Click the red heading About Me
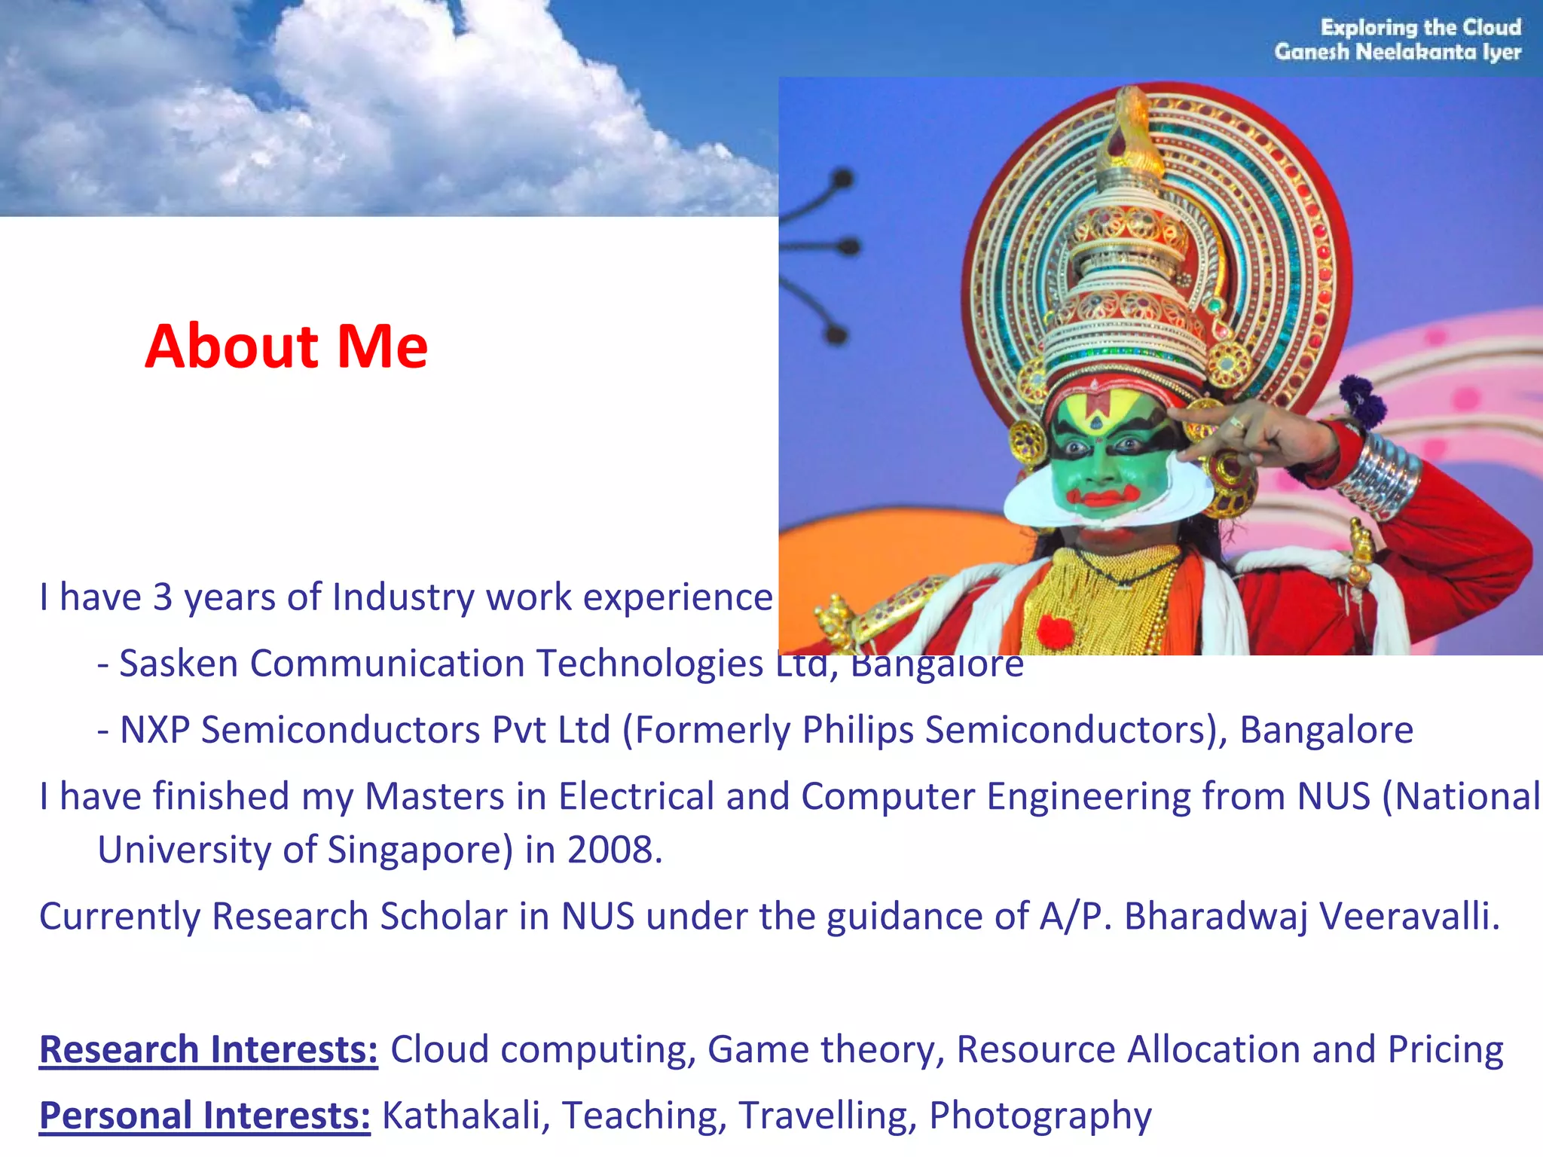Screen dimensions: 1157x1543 coord(286,346)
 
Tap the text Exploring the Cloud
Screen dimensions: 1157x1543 coord(1420,28)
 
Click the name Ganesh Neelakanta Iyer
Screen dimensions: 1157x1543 coord(1398,52)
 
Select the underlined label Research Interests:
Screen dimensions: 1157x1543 coord(209,1049)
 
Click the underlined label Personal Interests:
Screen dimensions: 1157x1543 coord(205,1116)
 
